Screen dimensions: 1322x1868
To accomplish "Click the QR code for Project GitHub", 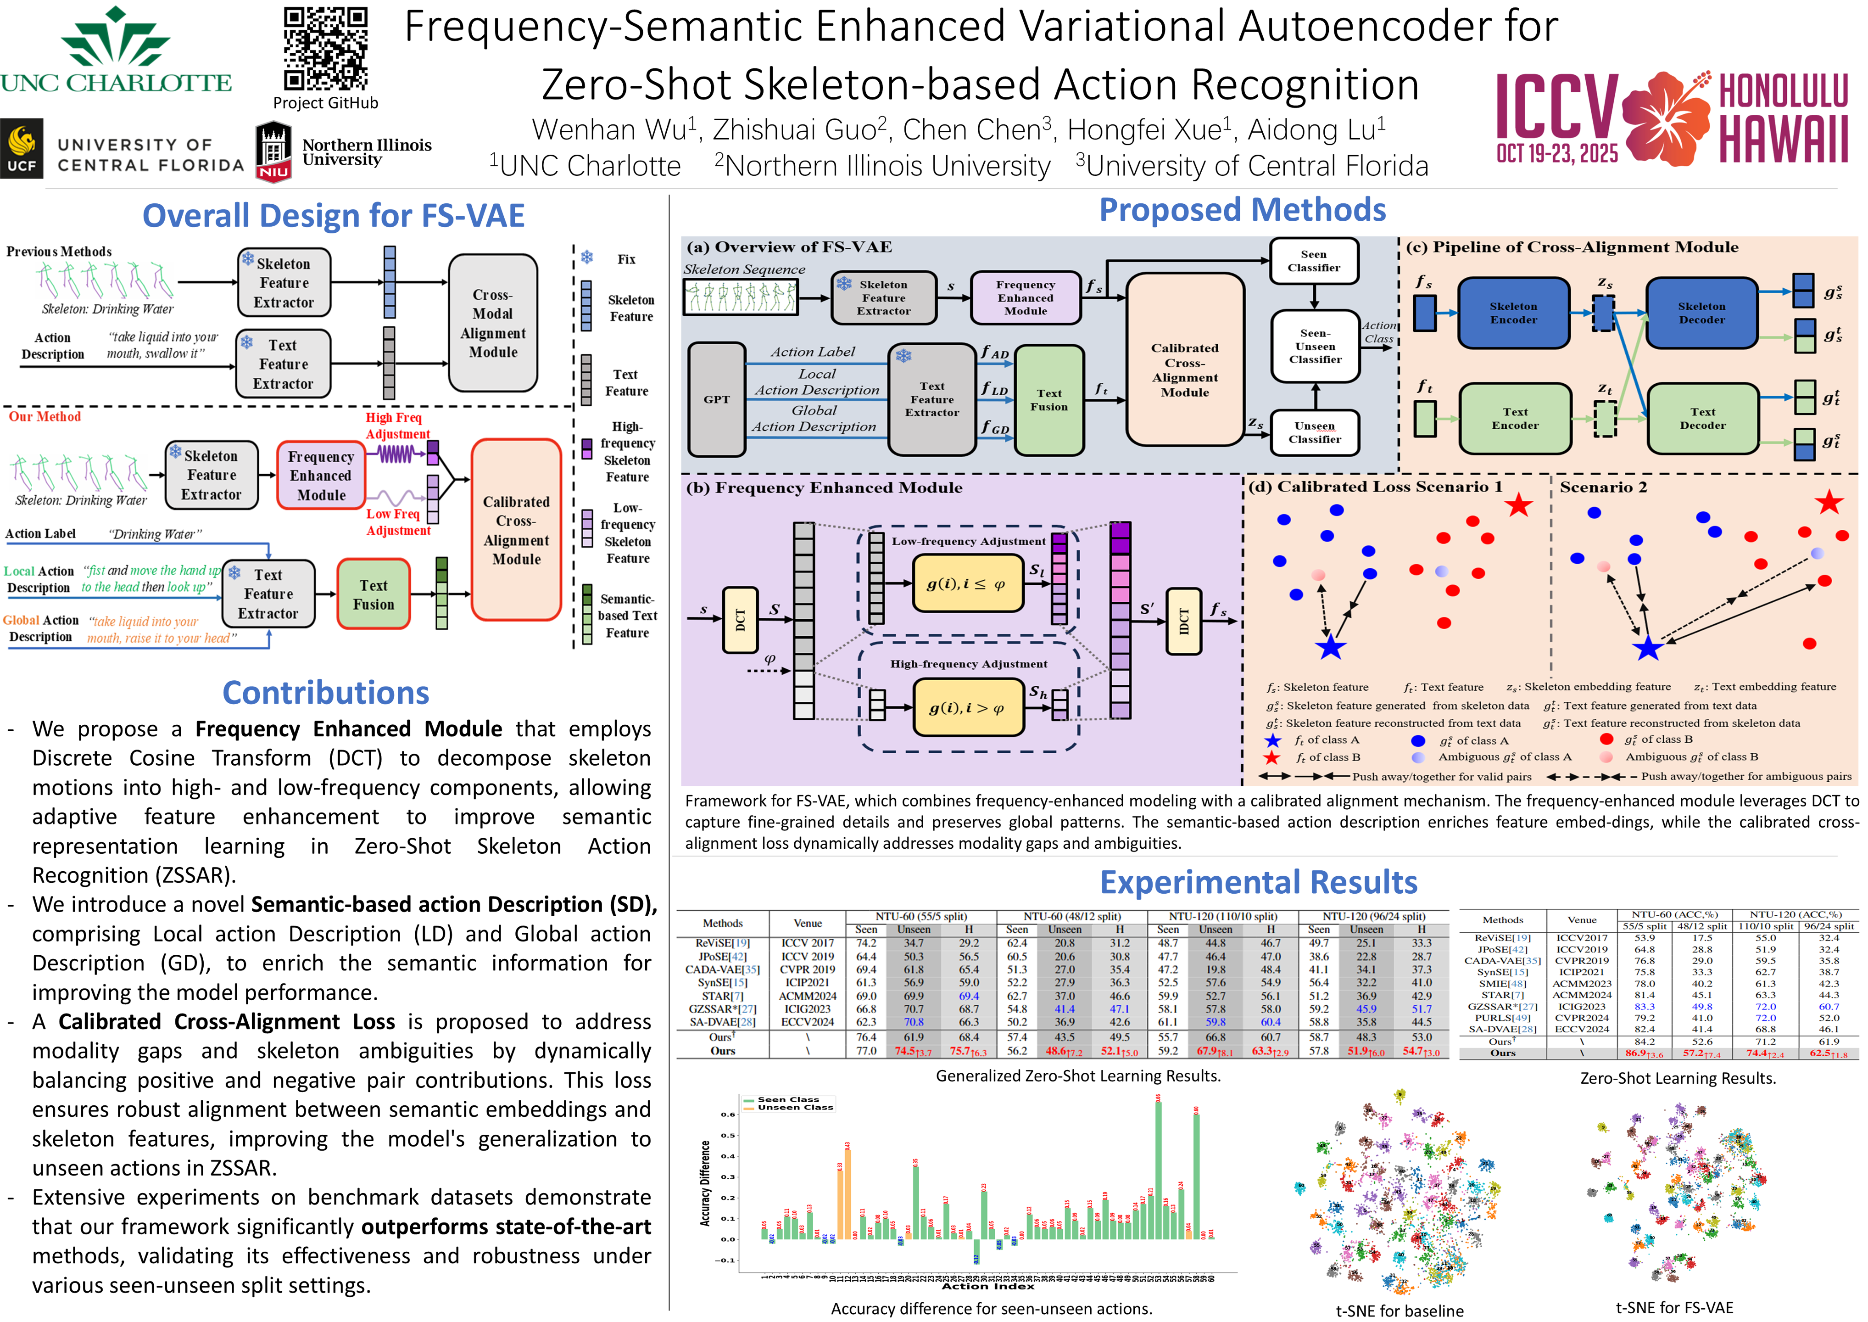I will pos(325,48).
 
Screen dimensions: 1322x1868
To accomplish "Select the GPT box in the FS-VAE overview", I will pos(716,399).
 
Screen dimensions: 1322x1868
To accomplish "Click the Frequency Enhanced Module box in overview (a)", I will pos(1025,298).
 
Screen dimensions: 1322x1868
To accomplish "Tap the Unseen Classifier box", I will pos(1315,432).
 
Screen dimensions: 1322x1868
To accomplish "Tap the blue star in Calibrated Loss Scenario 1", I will pos(1330,648).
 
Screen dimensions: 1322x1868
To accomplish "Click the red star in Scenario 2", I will pos(1829,502).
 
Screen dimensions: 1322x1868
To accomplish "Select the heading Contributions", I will pos(325,693).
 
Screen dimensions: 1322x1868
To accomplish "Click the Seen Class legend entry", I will pos(787,1099).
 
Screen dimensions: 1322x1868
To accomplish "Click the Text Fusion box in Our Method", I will pos(374,594).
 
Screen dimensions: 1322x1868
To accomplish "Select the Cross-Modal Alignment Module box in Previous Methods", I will pos(492,323).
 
